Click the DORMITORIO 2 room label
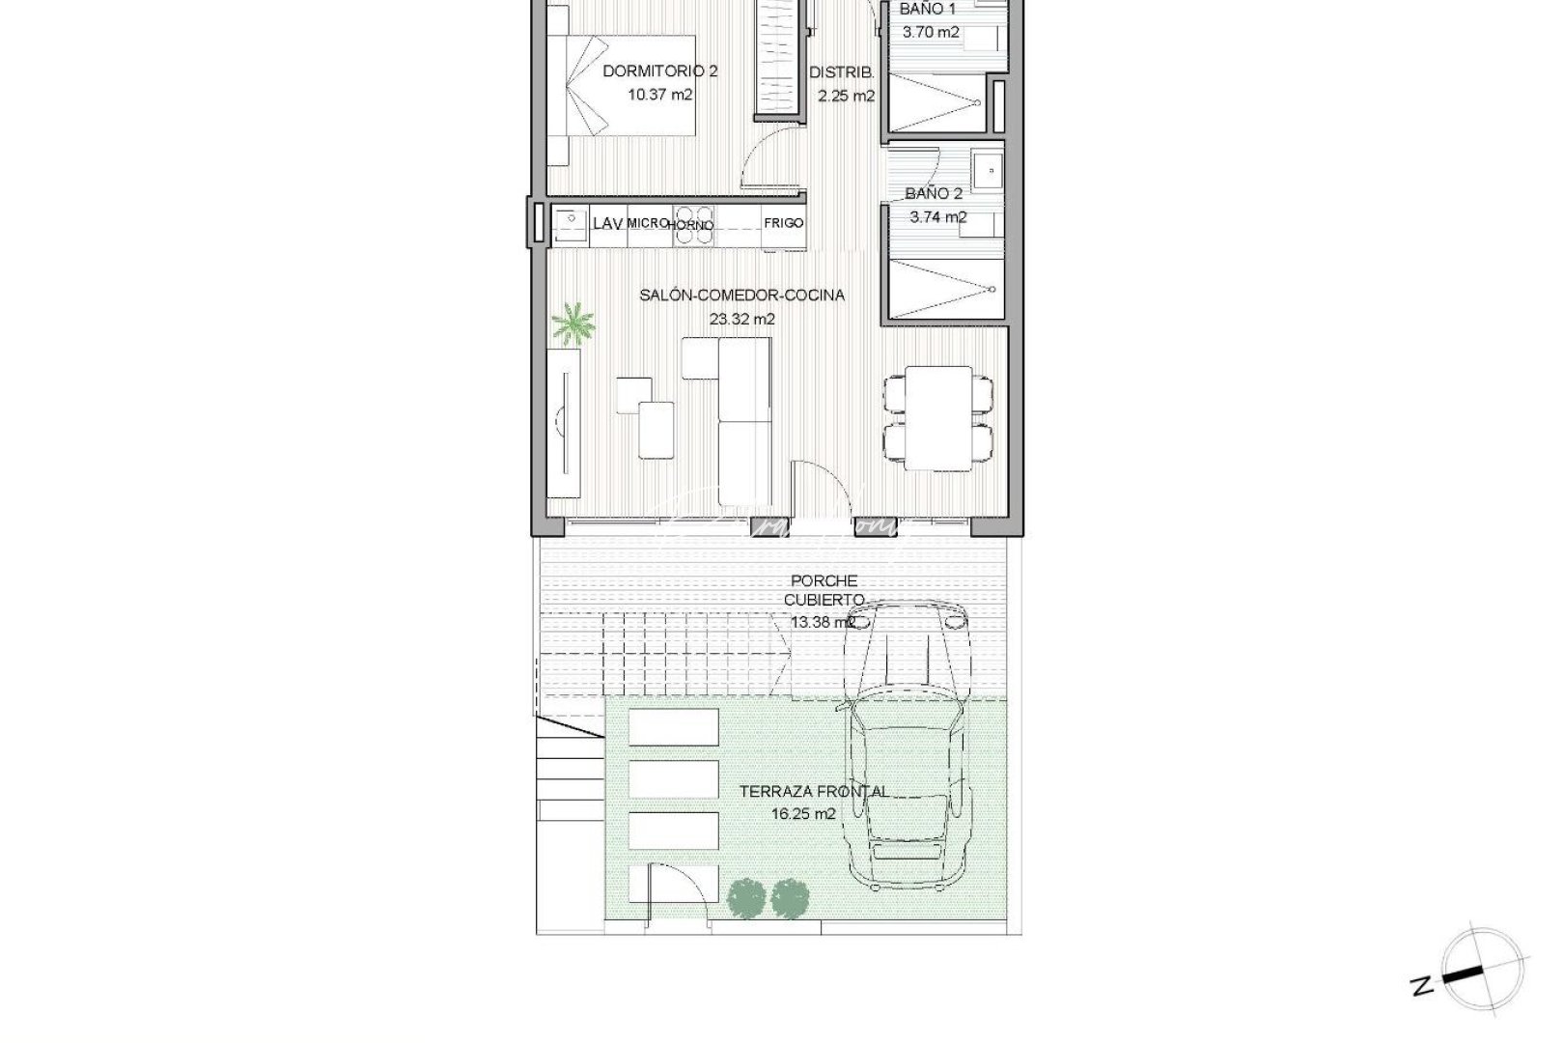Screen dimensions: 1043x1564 (659, 70)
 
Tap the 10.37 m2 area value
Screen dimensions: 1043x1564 (659, 95)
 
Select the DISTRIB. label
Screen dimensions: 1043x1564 (841, 71)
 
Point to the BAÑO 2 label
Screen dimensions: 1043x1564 (934, 193)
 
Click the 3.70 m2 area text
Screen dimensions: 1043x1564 (931, 32)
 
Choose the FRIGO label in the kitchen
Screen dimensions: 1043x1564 (783, 223)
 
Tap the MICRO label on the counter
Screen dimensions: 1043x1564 (648, 223)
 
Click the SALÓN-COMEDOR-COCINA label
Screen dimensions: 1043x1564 (741, 295)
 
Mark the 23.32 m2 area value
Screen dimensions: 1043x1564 (742, 319)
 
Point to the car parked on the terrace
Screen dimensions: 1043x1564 (907, 744)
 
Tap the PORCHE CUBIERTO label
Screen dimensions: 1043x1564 (824, 590)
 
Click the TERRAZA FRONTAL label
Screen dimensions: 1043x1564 (814, 791)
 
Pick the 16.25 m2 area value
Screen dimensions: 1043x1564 (803, 814)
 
